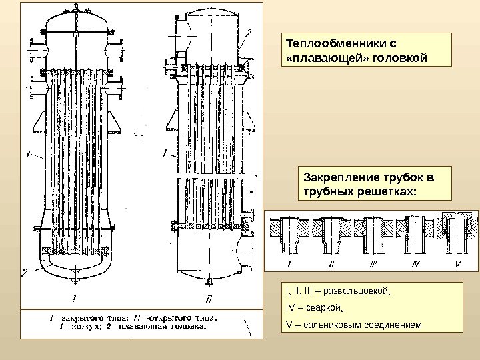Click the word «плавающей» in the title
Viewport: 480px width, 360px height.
[x=321, y=58]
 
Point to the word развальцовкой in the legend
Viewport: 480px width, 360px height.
[x=353, y=291]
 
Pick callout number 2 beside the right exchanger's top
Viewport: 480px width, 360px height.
[x=248, y=31]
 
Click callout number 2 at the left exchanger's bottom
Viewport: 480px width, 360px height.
[x=25, y=271]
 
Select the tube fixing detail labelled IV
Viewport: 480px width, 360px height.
[x=417, y=233]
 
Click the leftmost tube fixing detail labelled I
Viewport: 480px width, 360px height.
[x=290, y=233]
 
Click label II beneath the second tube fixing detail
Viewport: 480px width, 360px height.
[x=331, y=265]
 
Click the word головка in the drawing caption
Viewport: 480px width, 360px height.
[x=187, y=326]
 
